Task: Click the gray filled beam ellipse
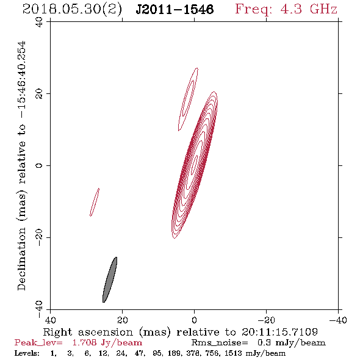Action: coord(110,279)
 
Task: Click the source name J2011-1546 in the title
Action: coord(175,10)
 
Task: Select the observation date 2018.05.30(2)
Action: coord(72,10)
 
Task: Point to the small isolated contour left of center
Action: coord(95,202)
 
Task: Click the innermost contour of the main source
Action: coord(195,162)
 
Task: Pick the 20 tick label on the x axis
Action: coord(122,320)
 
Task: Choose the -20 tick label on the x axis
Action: coord(266,320)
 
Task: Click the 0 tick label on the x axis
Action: coord(194,320)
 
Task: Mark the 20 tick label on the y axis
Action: coord(39,94)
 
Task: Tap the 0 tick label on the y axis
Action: coord(39,165)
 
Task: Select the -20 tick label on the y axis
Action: coord(39,238)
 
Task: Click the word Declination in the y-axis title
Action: coord(21,259)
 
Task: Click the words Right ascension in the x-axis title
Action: coord(88,332)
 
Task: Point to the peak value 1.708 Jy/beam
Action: coord(107,343)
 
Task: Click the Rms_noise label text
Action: coord(220,343)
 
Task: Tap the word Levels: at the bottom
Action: coord(27,353)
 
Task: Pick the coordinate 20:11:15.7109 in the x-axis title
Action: coord(279,332)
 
